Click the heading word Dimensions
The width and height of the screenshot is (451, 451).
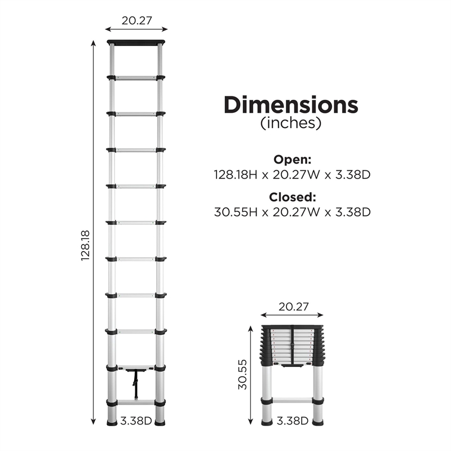pyautogui.click(x=291, y=105)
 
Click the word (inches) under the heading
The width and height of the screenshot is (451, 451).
pyautogui.click(x=291, y=123)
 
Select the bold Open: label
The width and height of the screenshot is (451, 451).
pyautogui.click(x=292, y=160)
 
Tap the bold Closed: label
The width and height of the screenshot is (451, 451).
pyautogui.click(x=292, y=197)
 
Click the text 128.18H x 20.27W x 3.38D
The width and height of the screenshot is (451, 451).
pyautogui.click(x=292, y=175)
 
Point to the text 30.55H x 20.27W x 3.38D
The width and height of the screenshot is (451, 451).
pyautogui.click(x=292, y=213)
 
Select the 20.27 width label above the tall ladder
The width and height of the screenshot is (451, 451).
pyautogui.click(x=136, y=20)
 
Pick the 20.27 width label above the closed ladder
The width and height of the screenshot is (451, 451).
pyautogui.click(x=293, y=307)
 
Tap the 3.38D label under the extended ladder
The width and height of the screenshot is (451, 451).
pyautogui.click(x=136, y=420)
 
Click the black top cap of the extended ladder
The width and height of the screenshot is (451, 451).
pyautogui.click(x=136, y=42)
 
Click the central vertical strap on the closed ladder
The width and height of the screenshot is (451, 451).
pyautogui.click(x=293, y=346)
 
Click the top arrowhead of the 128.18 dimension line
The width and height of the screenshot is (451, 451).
pyautogui.click(x=94, y=43)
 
